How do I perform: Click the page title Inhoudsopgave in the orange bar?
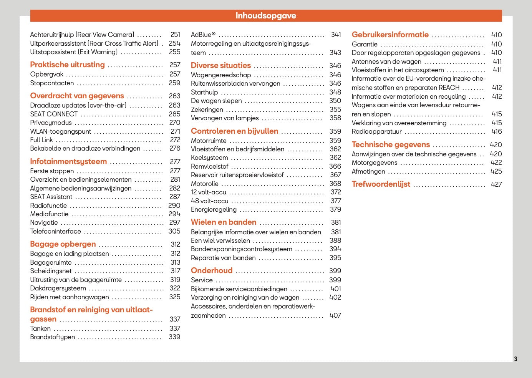coord(266,16)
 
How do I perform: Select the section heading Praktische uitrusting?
coord(67,65)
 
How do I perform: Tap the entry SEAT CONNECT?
coord(54,114)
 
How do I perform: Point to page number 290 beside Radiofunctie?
coord(174,206)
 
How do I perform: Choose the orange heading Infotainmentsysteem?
coord(68,161)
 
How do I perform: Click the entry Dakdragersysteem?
coord(58,288)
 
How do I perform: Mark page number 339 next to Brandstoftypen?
coord(174,337)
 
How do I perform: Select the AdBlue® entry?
coord(203,35)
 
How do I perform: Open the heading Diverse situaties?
coord(221,65)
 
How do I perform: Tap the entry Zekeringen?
coord(207,109)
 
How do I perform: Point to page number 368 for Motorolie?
coord(335,184)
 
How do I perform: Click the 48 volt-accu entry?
coord(209,201)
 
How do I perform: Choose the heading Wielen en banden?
coord(224,222)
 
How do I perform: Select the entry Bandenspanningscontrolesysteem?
coord(241,249)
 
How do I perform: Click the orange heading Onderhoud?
coord(212,270)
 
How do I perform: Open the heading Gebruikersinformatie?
coord(390,35)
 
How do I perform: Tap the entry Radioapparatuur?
coord(376,131)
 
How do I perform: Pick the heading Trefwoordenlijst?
coord(381,184)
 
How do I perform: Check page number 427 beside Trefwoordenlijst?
coord(496,184)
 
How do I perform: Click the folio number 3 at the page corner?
coord(515,359)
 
